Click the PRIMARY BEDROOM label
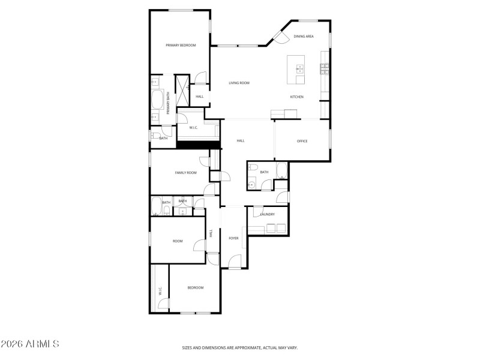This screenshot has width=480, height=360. (x=181, y=45)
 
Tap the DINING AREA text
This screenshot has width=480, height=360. (x=304, y=37)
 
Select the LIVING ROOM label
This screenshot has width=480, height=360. (x=239, y=83)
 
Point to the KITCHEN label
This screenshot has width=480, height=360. (x=296, y=97)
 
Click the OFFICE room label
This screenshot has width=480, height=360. (x=302, y=141)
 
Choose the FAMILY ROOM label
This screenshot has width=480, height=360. (x=185, y=173)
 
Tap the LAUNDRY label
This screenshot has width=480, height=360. (x=268, y=214)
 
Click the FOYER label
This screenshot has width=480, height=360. (x=233, y=238)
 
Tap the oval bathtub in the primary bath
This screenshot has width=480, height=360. (x=157, y=99)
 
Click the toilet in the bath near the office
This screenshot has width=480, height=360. (x=253, y=167)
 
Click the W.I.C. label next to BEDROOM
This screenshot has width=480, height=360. (x=160, y=291)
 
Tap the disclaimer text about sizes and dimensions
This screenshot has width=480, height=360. (x=240, y=347)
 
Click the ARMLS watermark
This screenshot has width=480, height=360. (x=30, y=344)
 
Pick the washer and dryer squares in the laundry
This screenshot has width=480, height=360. (x=275, y=228)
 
